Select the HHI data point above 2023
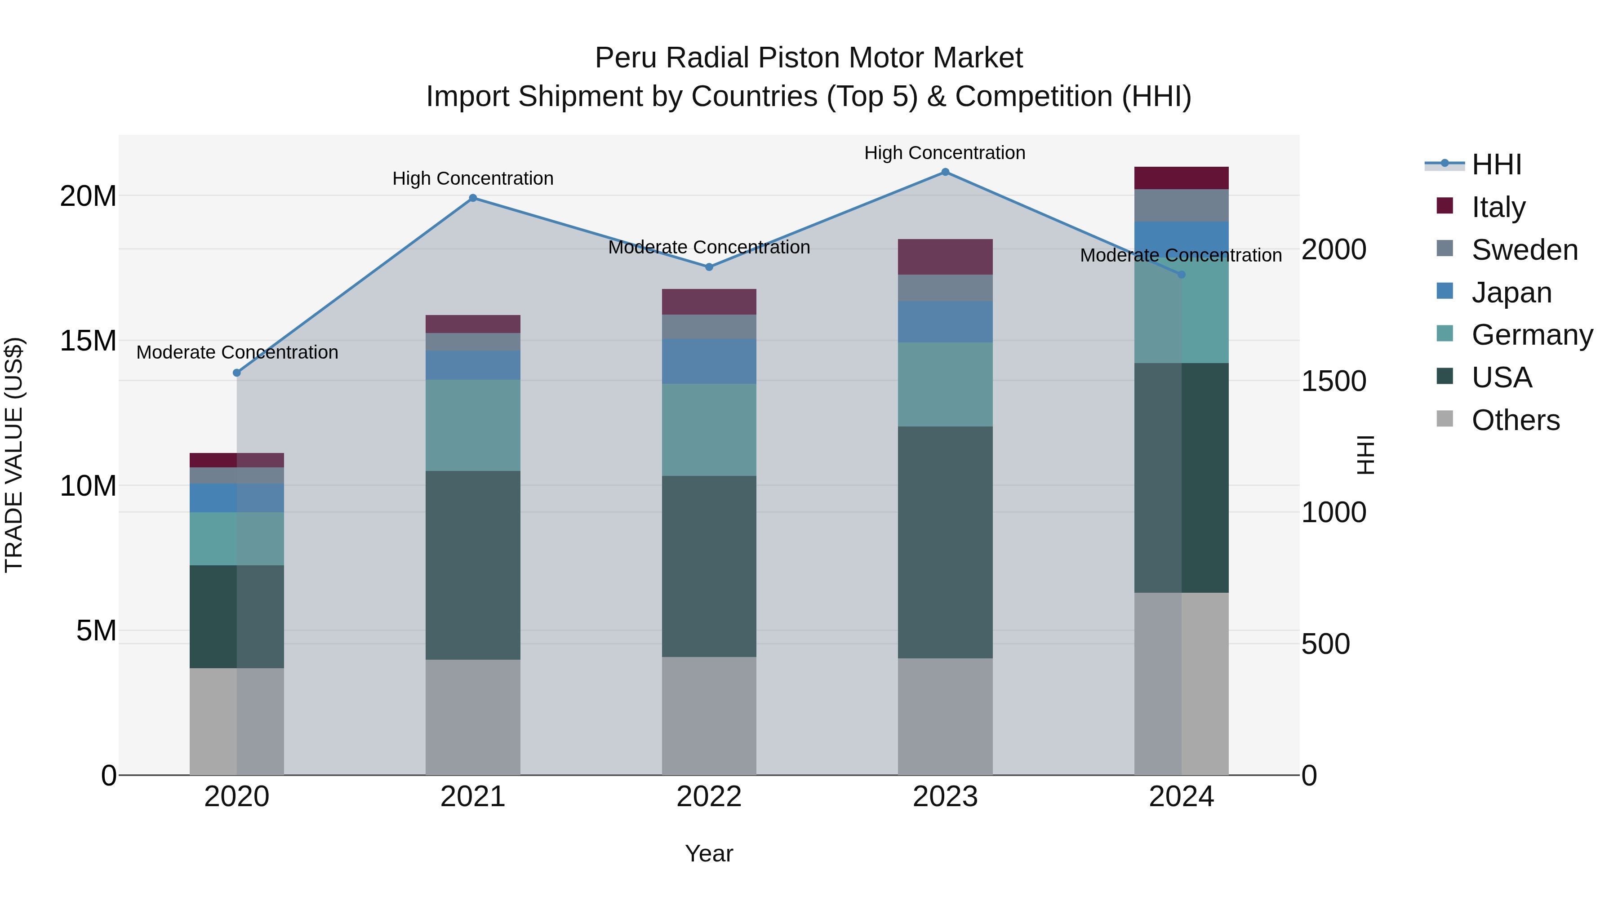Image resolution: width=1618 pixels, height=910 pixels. [x=945, y=172]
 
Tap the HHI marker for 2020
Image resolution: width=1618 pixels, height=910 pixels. [x=237, y=373]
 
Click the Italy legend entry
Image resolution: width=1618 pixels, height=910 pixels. [x=1498, y=207]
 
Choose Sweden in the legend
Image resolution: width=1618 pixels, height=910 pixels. [x=1525, y=250]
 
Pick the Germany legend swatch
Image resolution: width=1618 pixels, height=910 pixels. [x=1445, y=335]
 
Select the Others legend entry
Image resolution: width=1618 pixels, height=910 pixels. [x=1515, y=420]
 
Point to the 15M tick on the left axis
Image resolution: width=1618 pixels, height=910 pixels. [x=88, y=341]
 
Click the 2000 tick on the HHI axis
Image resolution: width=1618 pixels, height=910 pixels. [x=1334, y=249]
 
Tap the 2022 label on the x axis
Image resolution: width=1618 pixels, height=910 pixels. [x=709, y=797]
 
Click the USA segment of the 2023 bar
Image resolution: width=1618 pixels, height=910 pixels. [x=945, y=542]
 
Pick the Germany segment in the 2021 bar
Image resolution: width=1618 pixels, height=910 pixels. [x=473, y=425]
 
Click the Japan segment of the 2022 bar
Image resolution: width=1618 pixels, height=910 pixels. [x=709, y=362]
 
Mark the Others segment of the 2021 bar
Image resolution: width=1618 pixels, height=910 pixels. [x=473, y=717]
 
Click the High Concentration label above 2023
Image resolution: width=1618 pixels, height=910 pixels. [x=945, y=153]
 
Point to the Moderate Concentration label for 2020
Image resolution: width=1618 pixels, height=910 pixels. [x=237, y=353]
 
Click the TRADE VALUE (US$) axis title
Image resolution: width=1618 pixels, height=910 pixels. [x=14, y=455]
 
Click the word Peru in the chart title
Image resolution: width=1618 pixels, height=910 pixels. [x=626, y=58]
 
